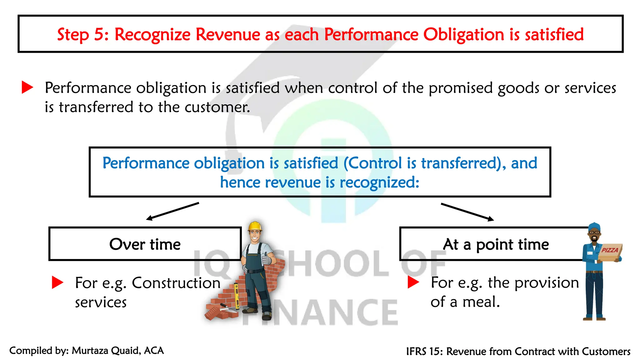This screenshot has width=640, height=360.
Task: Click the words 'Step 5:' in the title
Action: click(83, 34)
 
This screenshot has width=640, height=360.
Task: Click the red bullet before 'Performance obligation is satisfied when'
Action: click(27, 87)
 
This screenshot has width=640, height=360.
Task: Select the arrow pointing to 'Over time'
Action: click(172, 211)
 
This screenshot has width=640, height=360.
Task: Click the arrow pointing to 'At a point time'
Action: click(467, 212)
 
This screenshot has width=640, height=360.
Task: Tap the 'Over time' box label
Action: click(145, 244)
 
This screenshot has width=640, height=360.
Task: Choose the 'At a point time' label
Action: click(496, 244)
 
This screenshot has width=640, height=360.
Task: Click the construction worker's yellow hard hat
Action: click(255, 226)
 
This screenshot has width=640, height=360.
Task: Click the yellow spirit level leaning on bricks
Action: click(237, 295)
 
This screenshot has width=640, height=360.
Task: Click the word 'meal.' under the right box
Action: click(481, 302)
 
